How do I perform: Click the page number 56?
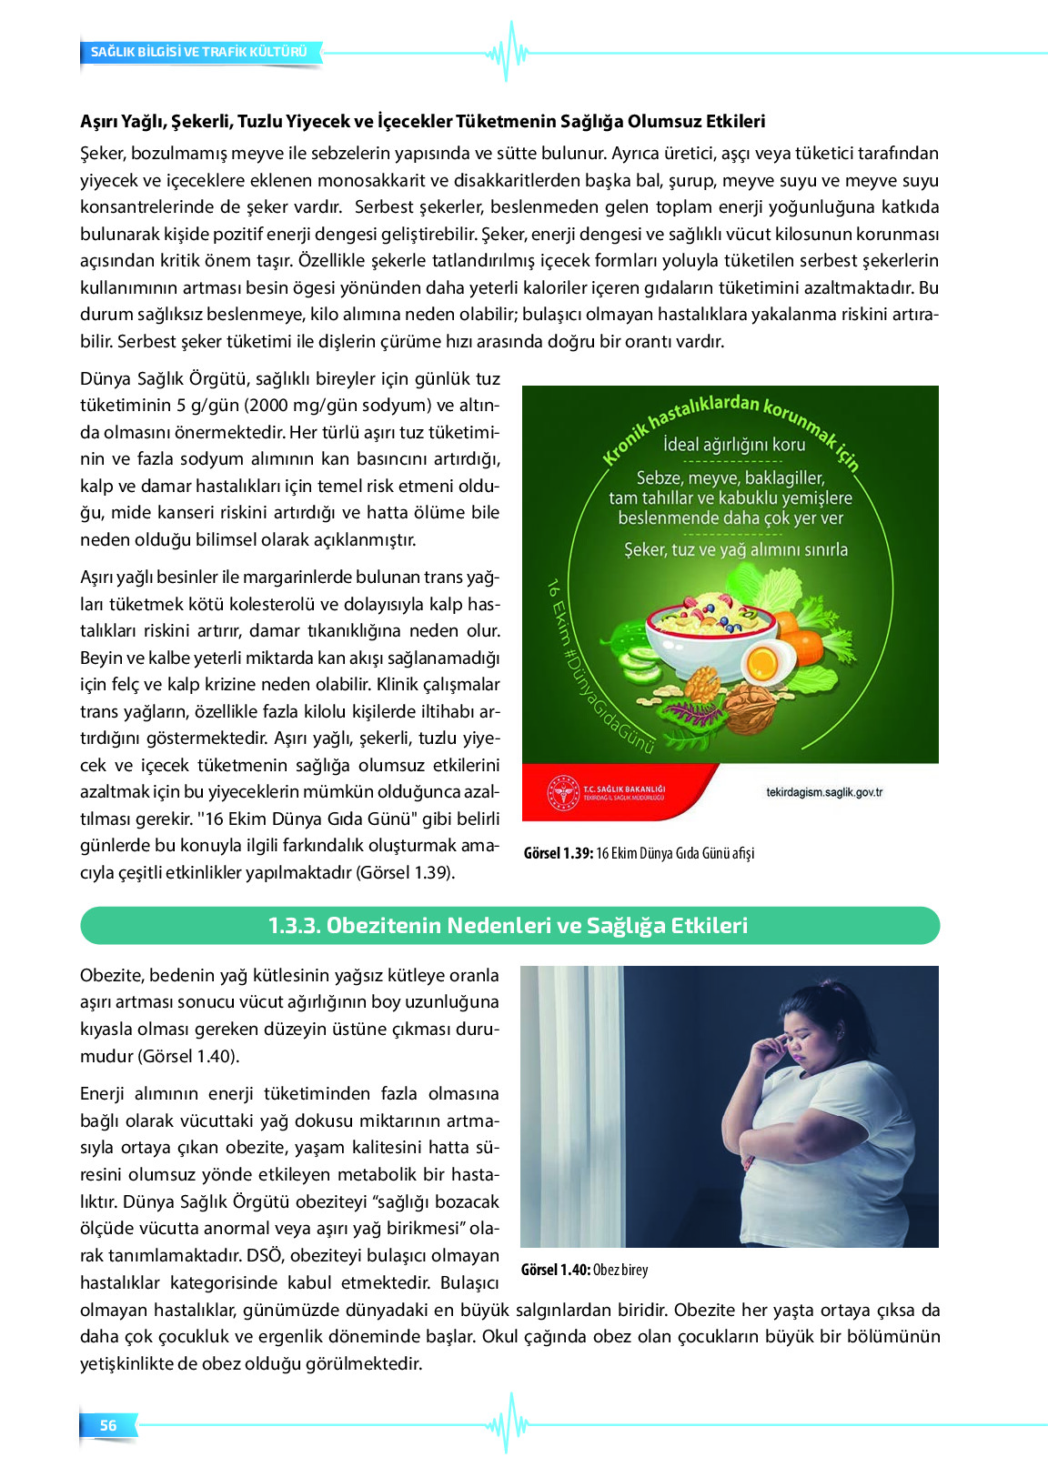click(108, 1425)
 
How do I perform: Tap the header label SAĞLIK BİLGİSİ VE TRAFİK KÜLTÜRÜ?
click(199, 52)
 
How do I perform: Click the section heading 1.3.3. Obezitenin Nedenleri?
click(509, 925)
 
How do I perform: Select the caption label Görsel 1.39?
click(558, 853)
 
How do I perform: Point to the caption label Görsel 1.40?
click(555, 1270)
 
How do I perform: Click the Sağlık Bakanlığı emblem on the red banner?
click(563, 792)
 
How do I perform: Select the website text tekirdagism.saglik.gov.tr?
click(824, 792)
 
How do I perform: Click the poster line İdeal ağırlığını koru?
click(734, 445)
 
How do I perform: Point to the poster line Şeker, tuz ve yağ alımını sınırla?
click(735, 549)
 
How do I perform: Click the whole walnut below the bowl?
click(751, 708)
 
